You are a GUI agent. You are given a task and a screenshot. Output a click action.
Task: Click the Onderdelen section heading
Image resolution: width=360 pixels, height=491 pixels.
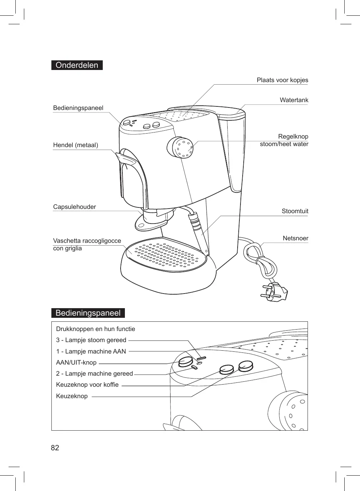click(x=77, y=65)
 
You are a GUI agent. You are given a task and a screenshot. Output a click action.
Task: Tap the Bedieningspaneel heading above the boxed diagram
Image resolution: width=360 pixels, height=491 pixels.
click(x=88, y=313)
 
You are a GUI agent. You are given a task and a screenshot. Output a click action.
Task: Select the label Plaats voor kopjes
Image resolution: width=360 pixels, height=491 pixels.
click(x=282, y=80)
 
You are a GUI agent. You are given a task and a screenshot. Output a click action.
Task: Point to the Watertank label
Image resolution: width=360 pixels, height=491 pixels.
click(x=294, y=100)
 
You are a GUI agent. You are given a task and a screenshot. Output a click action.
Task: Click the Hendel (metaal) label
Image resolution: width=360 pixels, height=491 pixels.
click(x=76, y=145)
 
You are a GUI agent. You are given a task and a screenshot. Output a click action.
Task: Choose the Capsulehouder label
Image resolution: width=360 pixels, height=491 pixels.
click(x=75, y=207)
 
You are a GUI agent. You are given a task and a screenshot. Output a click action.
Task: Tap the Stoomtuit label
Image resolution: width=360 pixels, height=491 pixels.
click(x=295, y=211)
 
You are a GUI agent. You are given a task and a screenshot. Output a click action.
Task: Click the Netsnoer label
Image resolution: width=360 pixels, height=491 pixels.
click(x=295, y=238)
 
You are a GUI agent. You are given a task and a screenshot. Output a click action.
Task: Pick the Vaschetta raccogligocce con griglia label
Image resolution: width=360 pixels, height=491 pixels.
click(x=87, y=244)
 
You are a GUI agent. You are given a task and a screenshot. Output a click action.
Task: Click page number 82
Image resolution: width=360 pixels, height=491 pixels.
click(x=55, y=448)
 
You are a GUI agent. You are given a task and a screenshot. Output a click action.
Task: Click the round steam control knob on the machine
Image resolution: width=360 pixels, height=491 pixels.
click(x=180, y=147)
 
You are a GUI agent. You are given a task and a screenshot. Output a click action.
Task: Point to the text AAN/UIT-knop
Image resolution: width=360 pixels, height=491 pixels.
click(x=76, y=362)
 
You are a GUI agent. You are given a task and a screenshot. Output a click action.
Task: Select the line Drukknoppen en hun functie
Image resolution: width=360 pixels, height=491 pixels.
click(x=96, y=329)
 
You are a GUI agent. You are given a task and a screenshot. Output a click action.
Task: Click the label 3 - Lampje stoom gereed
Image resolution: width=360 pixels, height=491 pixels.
click(x=91, y=340)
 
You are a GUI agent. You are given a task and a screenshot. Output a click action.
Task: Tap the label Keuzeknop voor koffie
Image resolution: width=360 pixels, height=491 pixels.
click(x=87, y=385)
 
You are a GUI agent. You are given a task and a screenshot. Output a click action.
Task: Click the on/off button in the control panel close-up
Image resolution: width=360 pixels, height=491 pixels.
click(x=185, y=362)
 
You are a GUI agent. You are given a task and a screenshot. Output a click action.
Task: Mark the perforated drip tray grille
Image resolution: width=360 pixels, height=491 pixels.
click(x=166, y=254)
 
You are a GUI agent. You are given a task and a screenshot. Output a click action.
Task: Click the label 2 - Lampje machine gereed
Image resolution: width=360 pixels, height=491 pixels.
click(x=94, y=374)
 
